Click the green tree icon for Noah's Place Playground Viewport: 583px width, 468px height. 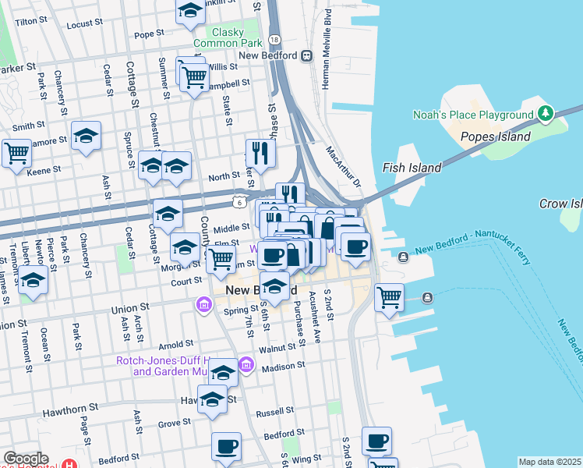click(546, 115)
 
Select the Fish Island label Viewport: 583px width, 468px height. click(412, 168)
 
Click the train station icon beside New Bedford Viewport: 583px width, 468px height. click(308, 55)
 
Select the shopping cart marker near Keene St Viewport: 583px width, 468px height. click(16, 153)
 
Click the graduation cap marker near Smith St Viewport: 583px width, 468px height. click(86, 136)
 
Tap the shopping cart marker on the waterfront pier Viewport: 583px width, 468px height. click(388, 297)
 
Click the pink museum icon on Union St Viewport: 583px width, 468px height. click(203, 303)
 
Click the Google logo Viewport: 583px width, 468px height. click(26, 459)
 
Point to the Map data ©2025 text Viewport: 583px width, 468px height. click(549, 462)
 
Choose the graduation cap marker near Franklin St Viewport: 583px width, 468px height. click(189, 12)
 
